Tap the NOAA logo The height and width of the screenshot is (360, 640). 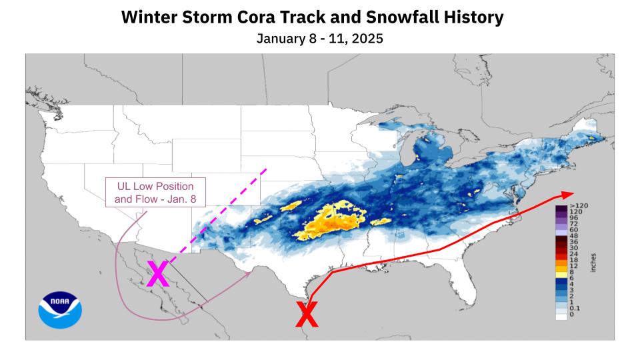pos(60,310)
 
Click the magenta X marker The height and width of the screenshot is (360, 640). pos(157,274)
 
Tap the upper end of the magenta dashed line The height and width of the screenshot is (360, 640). pos(267,169)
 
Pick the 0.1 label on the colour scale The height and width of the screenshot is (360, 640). pos(575,309)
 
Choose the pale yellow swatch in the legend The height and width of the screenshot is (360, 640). pos(561,273)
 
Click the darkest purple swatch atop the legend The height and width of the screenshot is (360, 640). pos(561,208)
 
